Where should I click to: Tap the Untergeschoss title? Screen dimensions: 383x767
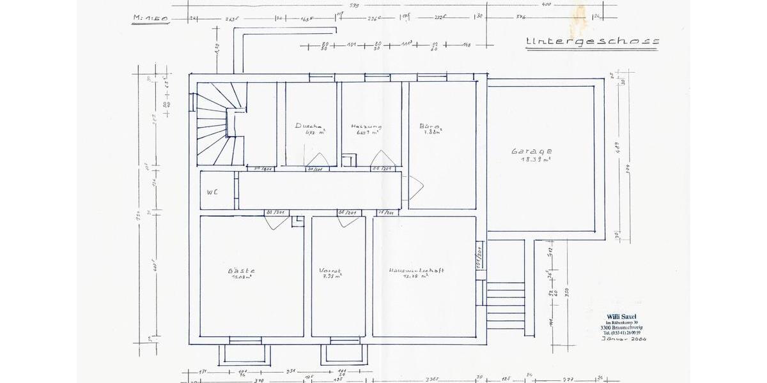coord(592,42)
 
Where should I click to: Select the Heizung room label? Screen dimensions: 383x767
coord(365,126)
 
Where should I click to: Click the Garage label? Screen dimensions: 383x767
coord(531,151)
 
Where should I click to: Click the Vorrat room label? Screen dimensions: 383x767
coord(330,271)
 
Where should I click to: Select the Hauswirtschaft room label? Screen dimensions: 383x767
coord(416,271)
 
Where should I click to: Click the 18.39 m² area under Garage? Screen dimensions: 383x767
coord(536,160)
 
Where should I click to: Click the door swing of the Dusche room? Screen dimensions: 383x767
coord(317,160)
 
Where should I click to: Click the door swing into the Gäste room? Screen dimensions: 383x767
coord(277,223)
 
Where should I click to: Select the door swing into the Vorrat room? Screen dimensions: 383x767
coord(349,222)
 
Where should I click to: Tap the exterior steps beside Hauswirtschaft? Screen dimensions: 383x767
coord(506,305)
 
